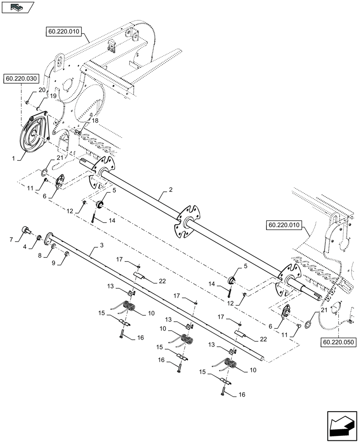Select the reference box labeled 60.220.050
click(x=337, y=342)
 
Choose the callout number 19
click(x=53, y=95)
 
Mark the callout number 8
click(x=39, y=256)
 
